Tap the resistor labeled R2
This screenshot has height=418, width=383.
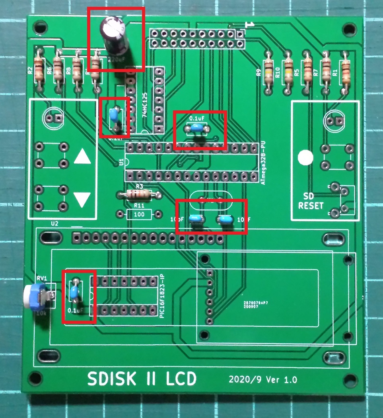click(x=39, y=68)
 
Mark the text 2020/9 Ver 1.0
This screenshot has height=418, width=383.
click(x=263, y=379)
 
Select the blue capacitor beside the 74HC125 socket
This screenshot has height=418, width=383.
click(x=114, y=115)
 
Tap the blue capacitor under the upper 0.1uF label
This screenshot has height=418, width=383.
click(x=196, y=128)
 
